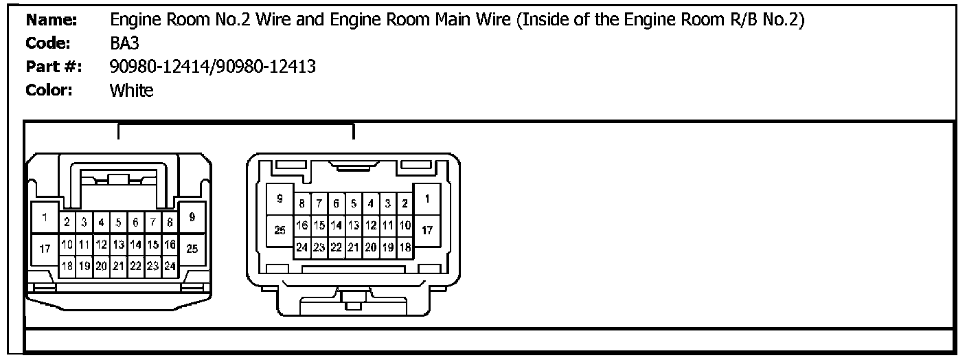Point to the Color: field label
coord(49,90)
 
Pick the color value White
coord(131,90)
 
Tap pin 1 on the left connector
coord(44,219)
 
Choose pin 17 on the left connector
coord(44,249)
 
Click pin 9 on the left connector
coord(192,218)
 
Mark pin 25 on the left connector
coord(192,249)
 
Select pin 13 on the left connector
coord(118,244)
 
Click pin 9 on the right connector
coord(280,199)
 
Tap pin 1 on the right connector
coord(427,199)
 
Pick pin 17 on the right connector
coord(427,230)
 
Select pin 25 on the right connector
coord(280,230)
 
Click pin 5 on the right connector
coord(353,203)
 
